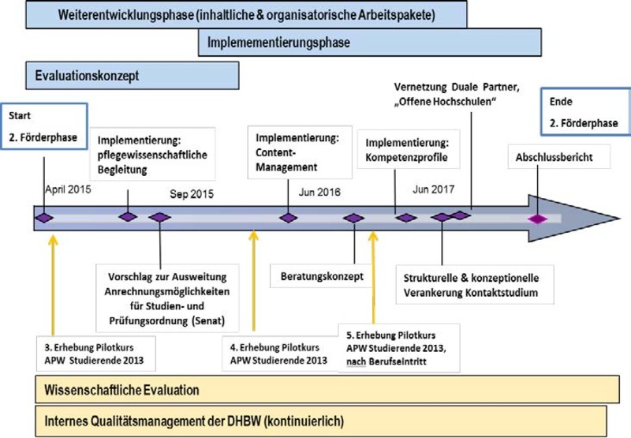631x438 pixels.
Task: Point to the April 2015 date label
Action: pos(69,189)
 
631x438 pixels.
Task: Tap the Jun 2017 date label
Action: pos(435,191)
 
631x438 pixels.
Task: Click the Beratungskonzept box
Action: pos(322,276)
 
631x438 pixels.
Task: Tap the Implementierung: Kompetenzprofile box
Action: pos(408,151)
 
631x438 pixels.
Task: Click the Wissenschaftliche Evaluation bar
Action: pos(321,390)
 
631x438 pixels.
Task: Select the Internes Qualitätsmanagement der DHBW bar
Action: pos(321,420)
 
